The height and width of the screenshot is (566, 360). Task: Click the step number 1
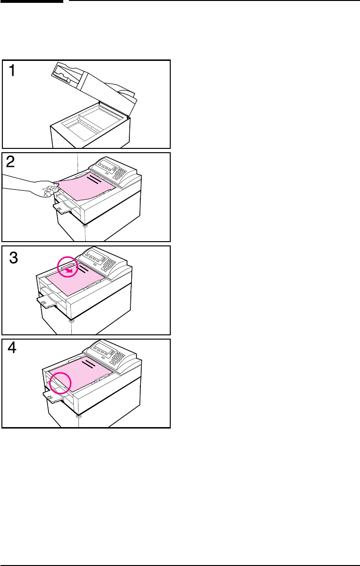point(12,70)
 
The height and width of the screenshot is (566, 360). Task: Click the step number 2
point(11,163)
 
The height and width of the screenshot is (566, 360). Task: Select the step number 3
point(13,258)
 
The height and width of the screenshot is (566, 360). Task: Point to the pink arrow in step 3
point(71,269)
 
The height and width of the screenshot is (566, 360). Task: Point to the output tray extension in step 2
point(62,208)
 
